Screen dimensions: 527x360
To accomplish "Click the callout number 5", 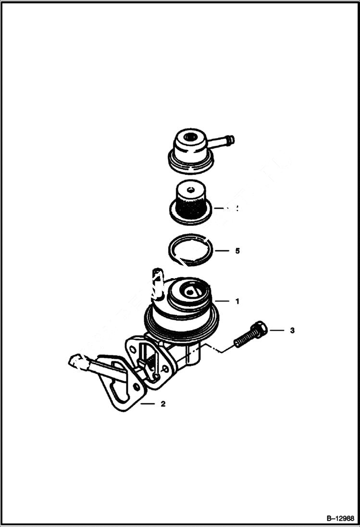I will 237,251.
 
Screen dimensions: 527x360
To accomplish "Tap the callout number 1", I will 237,302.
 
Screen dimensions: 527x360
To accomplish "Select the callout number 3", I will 292,331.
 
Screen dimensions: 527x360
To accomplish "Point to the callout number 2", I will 163,404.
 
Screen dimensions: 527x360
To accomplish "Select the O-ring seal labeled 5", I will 192,250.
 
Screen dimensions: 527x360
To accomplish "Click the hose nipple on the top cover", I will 223,141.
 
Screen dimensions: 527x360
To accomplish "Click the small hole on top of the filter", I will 191,188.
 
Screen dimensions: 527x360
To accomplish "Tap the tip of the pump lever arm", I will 75,361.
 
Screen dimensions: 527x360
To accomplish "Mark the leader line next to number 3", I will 277,331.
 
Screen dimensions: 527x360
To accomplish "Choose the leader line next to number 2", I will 148,404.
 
